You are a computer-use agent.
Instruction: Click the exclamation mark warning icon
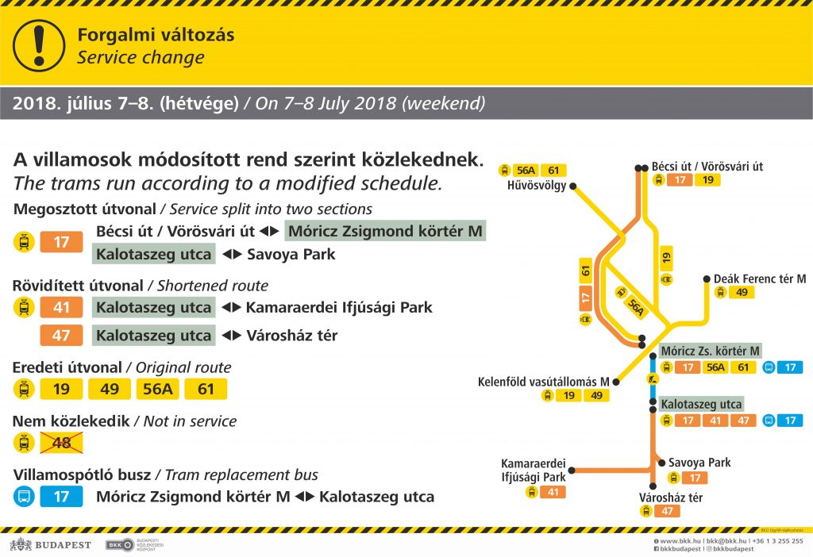(x=39, y=45)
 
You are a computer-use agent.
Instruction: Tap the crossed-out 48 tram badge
(x=61, y=443)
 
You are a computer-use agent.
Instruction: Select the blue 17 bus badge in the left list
(x=61, y=497)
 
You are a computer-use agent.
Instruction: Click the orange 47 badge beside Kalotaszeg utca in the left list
(x=61, y=336)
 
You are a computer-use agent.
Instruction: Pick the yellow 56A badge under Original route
(x=158, y=389)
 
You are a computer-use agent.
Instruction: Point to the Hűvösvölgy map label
(x=537, y=186)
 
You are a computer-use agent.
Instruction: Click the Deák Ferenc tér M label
(x=760, y=278)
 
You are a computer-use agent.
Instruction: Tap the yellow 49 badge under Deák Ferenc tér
(x=742, y=292)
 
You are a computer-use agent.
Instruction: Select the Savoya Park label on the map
(x=699, y=462)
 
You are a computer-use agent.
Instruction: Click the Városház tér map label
(x=671, y=497)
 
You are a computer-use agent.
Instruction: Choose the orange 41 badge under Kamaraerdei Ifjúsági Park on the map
(x=553, y=492)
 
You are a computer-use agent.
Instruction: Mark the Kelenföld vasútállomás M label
(x=543, y=382)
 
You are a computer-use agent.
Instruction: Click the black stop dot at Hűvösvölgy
(x=573, y=186)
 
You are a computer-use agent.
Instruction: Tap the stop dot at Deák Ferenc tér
(x=707, y=278)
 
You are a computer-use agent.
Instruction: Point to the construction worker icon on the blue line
(x=653, y=379)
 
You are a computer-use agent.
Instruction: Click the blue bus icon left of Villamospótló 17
(x=24, y=497)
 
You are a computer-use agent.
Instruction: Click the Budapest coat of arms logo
(x=21, y=544)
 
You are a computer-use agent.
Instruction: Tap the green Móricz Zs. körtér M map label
(x=710, y=351)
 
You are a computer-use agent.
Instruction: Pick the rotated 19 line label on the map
(x=666, y=257)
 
